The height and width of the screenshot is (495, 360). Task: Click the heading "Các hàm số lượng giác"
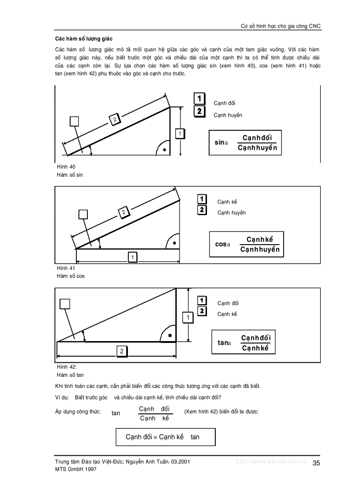click(83, 39)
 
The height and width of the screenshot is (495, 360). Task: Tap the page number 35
click(316, 463)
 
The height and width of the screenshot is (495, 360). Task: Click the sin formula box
click(245, 143)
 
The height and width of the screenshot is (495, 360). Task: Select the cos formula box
click(246, 244)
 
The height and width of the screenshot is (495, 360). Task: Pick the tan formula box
click(243, 342)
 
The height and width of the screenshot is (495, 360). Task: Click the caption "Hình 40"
click(66, 167)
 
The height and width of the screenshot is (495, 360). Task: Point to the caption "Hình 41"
click(66, 268)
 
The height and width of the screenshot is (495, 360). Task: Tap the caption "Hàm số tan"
click(70, 375)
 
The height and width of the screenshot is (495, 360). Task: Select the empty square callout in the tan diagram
click(65, 304)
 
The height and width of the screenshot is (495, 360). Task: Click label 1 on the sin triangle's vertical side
click(180, 134)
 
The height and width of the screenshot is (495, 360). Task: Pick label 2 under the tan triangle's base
click(121, 351)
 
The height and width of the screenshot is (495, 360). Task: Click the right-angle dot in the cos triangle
click(174, 243)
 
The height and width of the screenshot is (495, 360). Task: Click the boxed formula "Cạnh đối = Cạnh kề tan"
click(165, 437)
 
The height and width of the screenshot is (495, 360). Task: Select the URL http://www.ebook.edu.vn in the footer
click(271, 462)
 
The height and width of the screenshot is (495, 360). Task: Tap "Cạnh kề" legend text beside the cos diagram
click(227, 202)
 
